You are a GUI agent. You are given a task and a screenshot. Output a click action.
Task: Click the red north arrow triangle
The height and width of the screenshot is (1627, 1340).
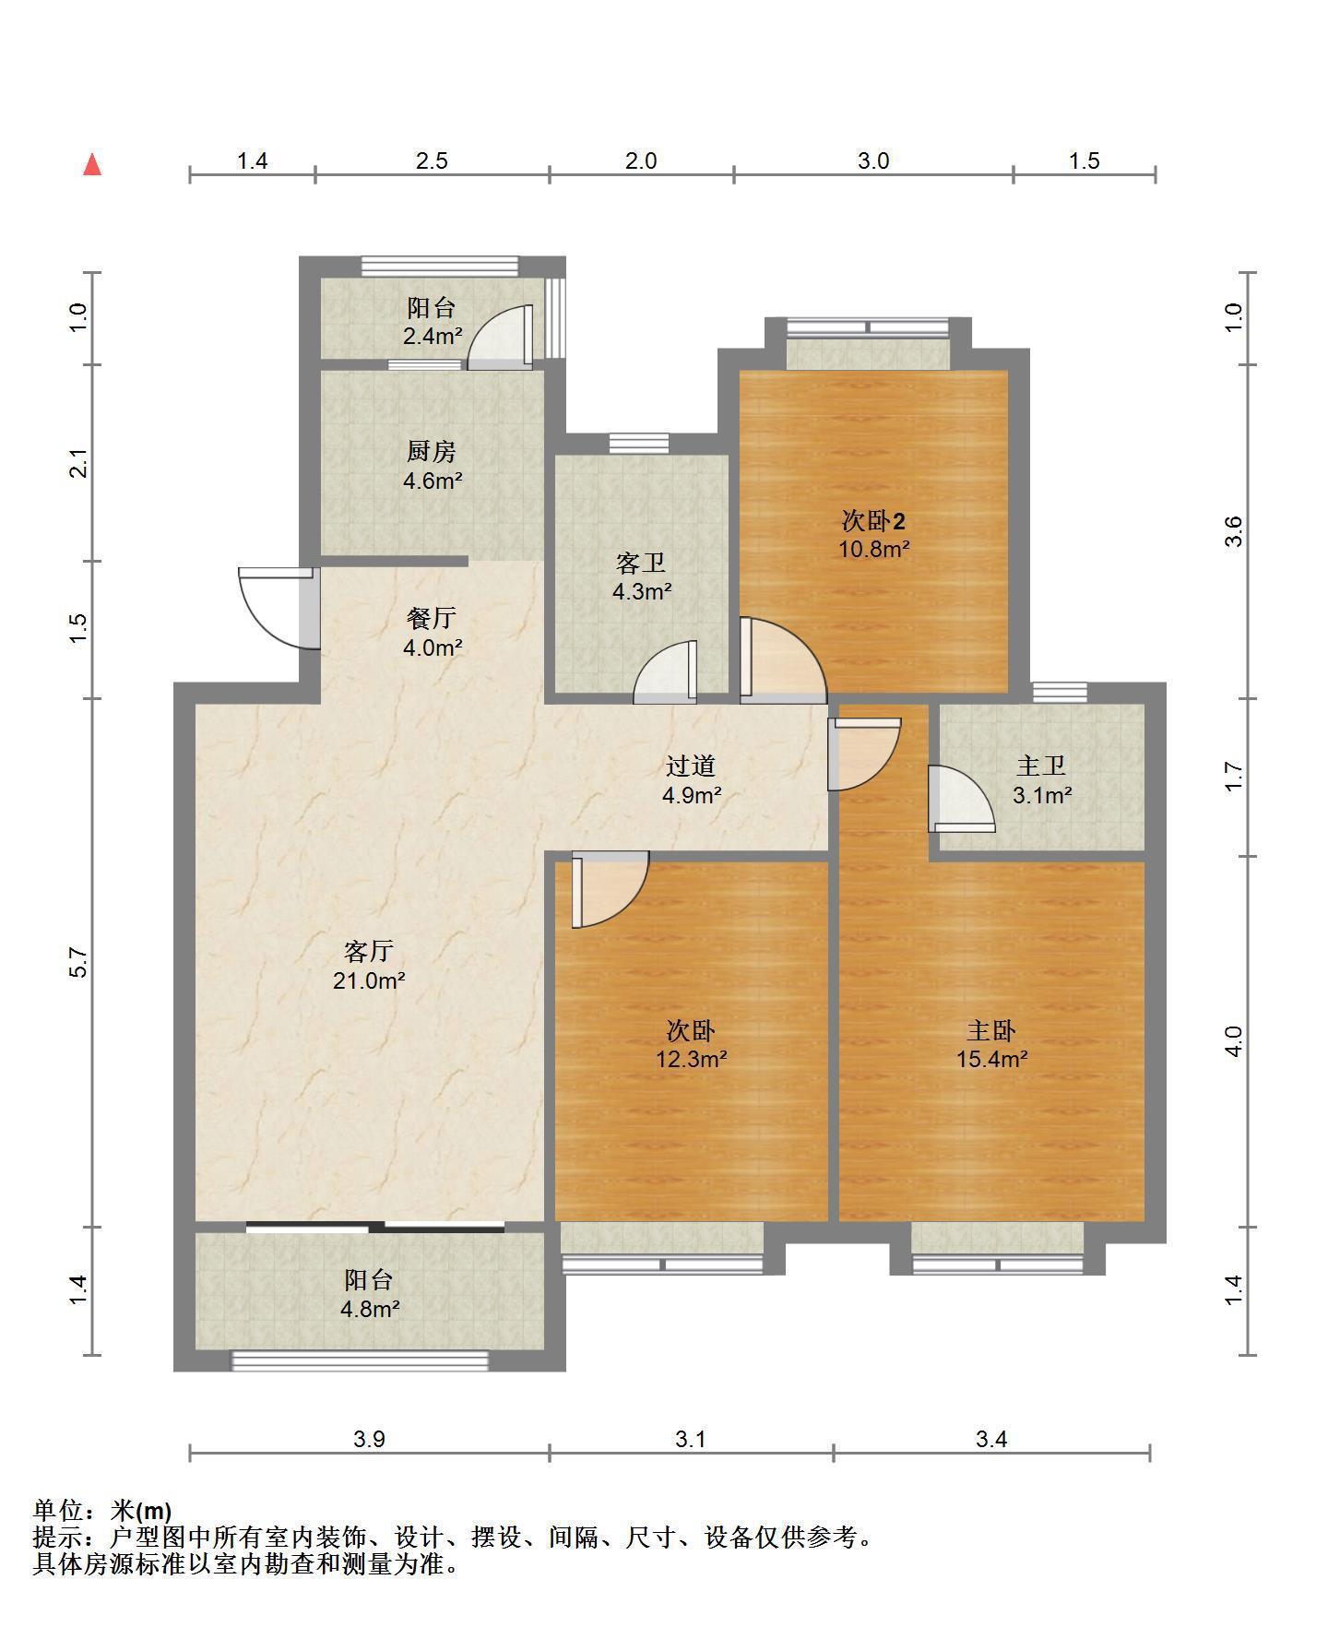pos(92,164)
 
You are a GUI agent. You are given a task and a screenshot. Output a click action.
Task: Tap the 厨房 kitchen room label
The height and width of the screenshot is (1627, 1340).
pos(432,451)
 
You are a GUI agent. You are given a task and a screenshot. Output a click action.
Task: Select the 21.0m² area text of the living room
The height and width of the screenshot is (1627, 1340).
pos(369,980)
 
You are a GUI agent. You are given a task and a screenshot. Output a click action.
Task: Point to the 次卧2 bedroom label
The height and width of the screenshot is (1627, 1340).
pos(873,521)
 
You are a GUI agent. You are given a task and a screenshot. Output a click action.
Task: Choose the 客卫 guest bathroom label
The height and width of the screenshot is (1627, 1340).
pos(641,563)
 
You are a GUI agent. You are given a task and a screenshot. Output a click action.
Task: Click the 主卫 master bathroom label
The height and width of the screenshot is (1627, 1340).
pos(1042,766)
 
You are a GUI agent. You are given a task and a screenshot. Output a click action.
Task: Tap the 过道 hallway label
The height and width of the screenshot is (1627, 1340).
pos(692,766)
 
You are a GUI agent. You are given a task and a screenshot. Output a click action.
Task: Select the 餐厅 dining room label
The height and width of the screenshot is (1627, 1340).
pos(432,618)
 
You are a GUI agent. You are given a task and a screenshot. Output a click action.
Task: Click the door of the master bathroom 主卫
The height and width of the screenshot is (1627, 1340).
pos(961,799)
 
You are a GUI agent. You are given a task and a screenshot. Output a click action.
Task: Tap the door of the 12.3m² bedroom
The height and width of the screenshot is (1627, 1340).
pos(610,889)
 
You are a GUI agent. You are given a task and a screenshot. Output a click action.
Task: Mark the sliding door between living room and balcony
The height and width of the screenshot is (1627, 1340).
pos(375,1227)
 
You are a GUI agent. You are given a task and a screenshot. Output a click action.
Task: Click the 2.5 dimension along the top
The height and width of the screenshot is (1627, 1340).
pos(432,161)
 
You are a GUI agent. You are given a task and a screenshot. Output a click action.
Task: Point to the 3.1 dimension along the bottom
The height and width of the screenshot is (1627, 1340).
pos(690,1439)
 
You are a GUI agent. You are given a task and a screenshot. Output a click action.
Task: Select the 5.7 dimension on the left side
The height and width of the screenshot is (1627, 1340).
pos(79,963)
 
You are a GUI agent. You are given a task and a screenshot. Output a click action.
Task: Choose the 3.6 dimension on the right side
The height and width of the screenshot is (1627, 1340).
pos(1235,531)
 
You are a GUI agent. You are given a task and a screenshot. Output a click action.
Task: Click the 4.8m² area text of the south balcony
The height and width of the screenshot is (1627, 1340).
pos(369,1309)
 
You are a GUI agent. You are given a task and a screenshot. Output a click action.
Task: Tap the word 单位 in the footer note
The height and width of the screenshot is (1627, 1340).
pos(58,1510)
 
